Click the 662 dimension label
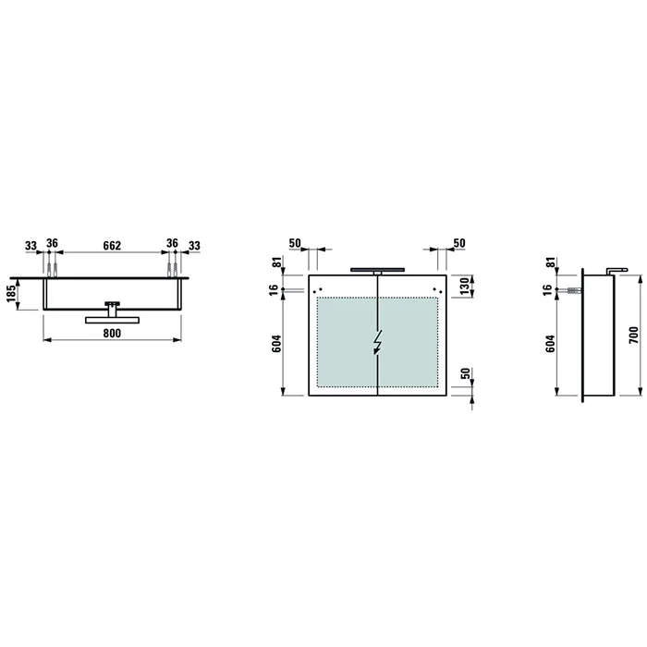point(112,246)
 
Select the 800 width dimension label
point(112,333)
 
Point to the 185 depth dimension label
point(11,293)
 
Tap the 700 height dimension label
point(634,335)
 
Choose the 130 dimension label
point(465,287)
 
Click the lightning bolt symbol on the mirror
point(377,342)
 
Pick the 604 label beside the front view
point(276,344)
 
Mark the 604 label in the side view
point(550,344)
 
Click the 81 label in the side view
point(550,262)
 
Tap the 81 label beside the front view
point(276,262)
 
